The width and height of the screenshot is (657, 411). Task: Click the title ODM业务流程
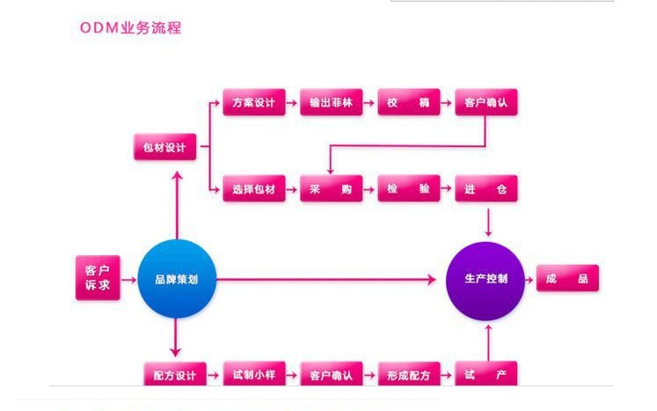131,28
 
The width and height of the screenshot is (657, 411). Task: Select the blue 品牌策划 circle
176,280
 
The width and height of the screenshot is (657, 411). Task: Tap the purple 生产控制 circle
485,280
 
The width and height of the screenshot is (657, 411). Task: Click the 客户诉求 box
97,278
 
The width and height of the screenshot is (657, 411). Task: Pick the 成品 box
567,279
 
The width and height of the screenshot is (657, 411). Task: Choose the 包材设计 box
164,147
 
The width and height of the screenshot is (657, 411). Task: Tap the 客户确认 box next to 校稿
486,103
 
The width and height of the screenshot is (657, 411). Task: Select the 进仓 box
486,189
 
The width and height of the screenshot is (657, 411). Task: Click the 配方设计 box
174,375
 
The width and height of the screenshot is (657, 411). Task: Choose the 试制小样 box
254,375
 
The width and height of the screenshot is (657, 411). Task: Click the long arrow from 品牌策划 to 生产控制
325,280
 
